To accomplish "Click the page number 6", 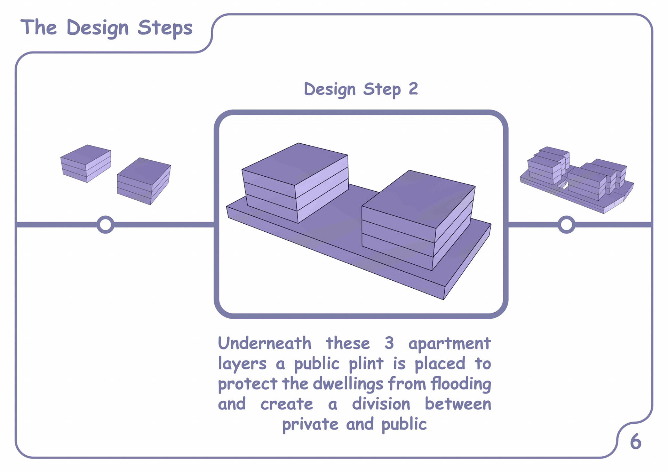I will click(635, 442).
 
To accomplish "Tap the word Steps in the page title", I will click(165, 28).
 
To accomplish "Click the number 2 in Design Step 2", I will click(413, 89).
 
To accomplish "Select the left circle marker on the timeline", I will click(105, 224).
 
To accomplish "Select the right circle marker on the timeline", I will click(566, 224).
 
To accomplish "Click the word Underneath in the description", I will click(265, 343).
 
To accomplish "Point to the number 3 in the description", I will click(389, 343).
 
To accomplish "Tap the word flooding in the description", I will click(461, 384).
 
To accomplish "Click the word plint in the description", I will click(366, 364).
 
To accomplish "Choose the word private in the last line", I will click(310, 424).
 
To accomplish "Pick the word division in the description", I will click(381, 404).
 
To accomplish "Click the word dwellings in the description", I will click(348, 384).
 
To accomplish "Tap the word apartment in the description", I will click(450, 344).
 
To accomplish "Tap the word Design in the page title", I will click(97, 28).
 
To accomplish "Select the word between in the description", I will click(458, 404).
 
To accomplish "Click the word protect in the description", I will click(247, 384).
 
